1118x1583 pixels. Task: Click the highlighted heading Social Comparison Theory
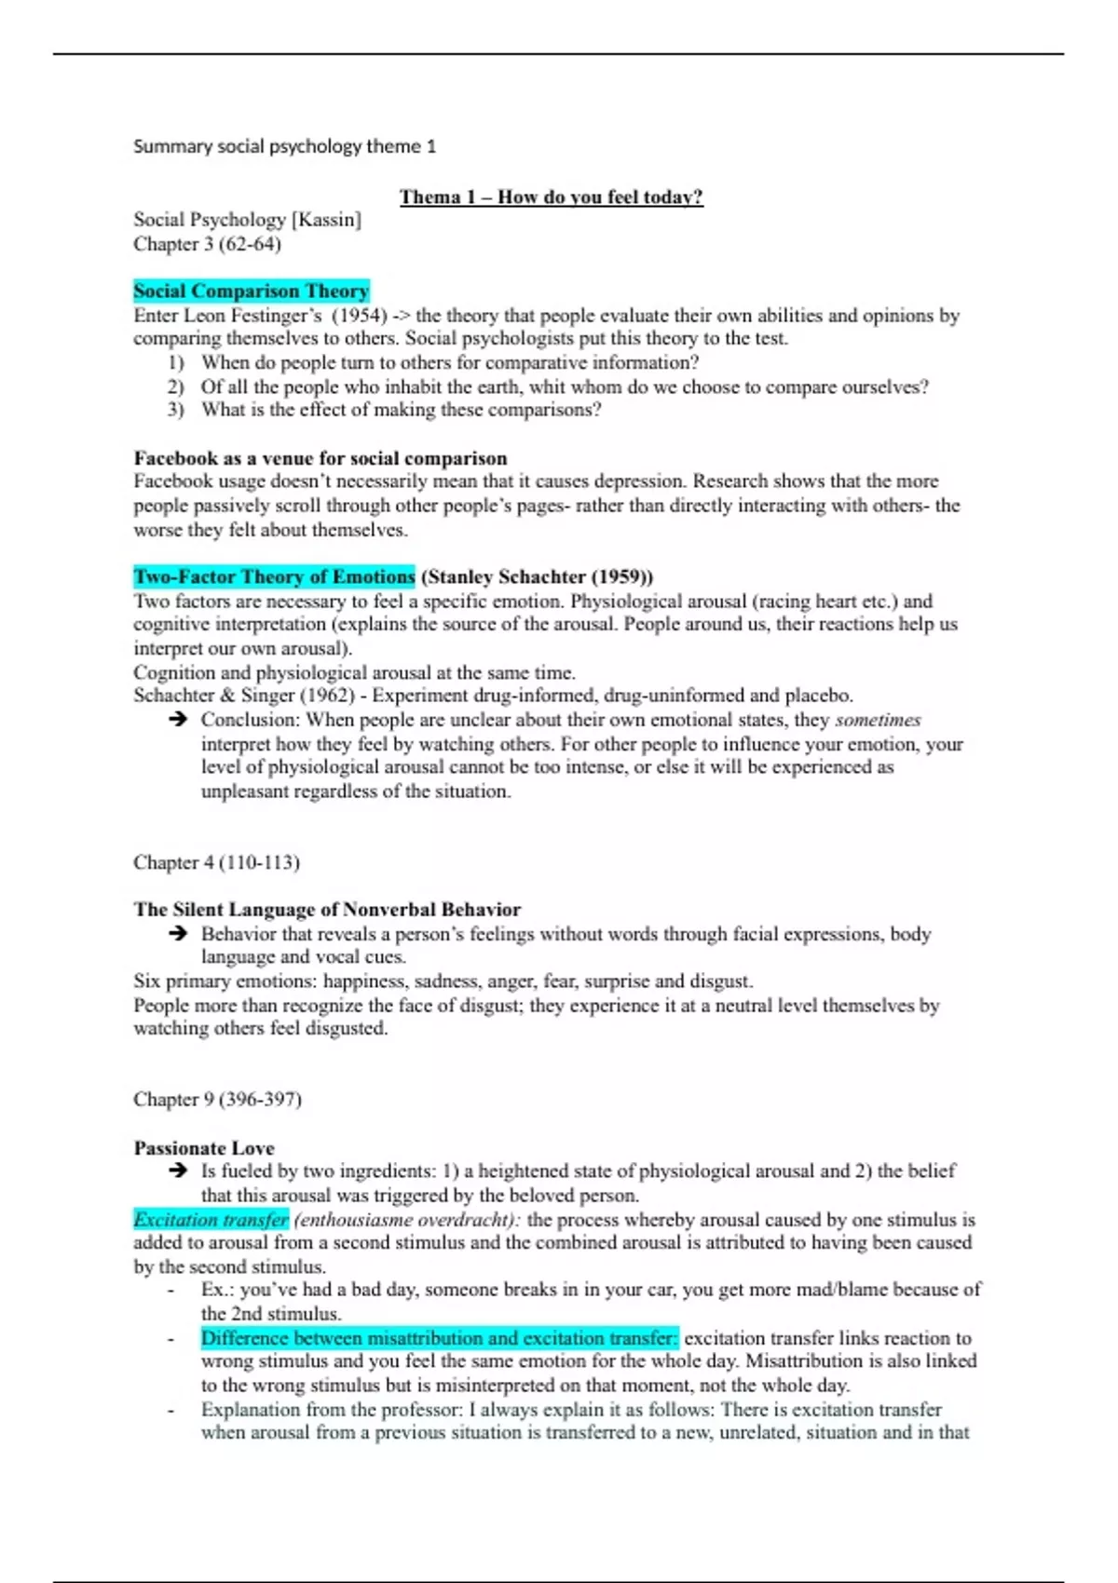point(251,291)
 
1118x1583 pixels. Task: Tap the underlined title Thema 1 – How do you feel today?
point(551,196)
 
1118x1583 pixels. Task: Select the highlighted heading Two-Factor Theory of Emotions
point(274,576)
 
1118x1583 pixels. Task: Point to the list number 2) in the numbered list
point(176,386)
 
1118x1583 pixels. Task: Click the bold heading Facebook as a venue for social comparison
point(320,458)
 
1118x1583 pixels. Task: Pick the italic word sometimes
point(878,720)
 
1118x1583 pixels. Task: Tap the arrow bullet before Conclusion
point(178,720)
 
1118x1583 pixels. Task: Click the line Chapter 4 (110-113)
point(216,862)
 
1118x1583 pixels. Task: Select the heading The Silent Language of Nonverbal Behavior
point(327,910)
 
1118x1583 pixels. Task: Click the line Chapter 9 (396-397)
point(217,1100)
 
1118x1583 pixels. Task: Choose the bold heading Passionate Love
point(204,1148)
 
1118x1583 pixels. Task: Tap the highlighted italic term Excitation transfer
point(211,1220)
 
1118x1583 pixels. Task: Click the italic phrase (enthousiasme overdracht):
point(407,1220)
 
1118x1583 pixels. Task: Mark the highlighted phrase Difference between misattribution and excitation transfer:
point(440,1338)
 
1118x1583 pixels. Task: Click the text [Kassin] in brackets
point(326,220)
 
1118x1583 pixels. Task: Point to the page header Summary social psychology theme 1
point(284,146)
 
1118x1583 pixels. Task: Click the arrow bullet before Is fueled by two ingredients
point(178,1171)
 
